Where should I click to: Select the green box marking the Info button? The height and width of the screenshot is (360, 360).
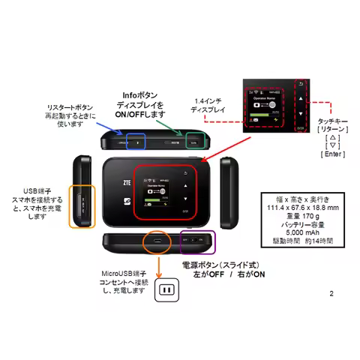point(196,139)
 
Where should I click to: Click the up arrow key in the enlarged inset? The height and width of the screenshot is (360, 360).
point(300,98)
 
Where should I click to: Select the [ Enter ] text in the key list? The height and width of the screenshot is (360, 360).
point(331,154)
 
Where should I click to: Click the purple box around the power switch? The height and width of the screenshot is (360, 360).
point(198,241)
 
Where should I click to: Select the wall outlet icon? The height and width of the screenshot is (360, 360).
point(165,291)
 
